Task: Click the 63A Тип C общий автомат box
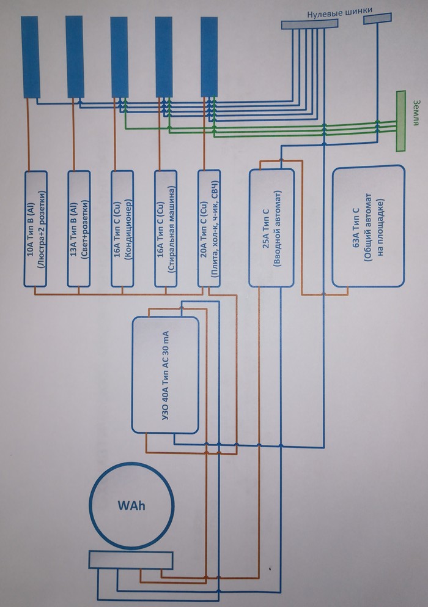point(368,225)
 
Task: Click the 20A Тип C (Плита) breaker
point(212,228)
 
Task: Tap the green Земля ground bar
point(401,121)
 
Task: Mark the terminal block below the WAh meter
point(131,559)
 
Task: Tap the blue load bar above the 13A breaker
point(75,56)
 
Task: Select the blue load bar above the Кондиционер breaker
point(119,56)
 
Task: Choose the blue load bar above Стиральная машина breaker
point(164,56)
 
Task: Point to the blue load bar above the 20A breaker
point(209,56)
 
